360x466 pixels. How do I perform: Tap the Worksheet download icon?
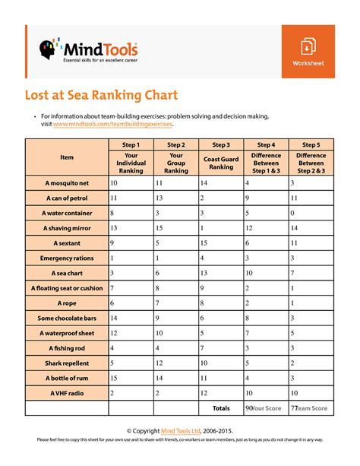(308, 46)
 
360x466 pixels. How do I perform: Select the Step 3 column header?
(221, 144)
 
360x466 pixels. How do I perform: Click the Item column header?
(67, 157)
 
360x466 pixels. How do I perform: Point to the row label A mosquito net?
(67, 183)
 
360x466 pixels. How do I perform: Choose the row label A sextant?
(67, 243)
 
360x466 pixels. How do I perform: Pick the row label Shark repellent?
(67, 363)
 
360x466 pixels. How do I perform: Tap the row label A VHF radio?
(67, 393)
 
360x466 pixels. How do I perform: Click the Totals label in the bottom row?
(221, 408)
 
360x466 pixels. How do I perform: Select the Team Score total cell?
(308, 408)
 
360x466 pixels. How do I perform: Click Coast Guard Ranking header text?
(221, 163)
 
